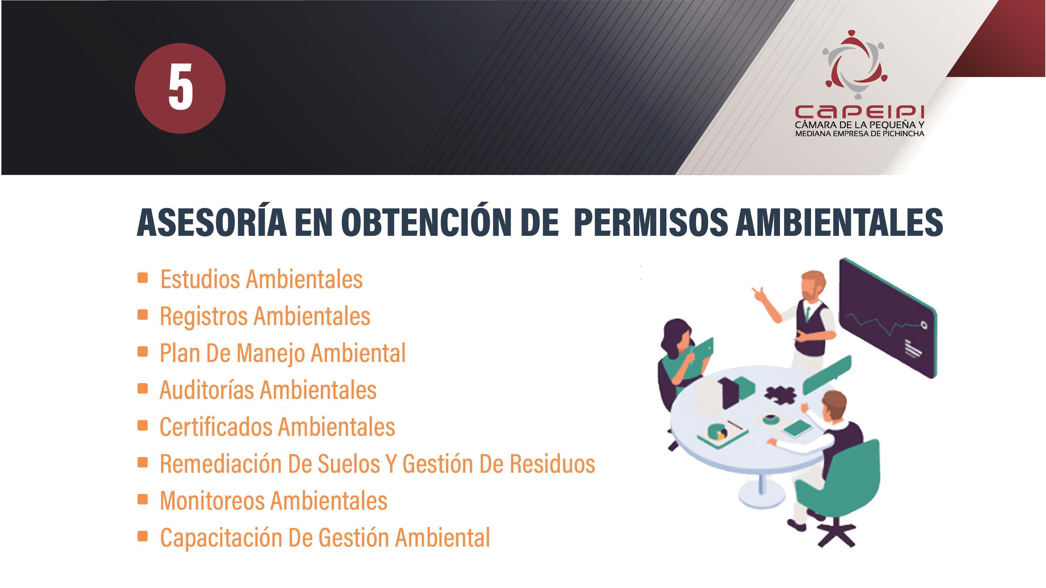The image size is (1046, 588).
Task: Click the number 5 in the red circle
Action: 180,88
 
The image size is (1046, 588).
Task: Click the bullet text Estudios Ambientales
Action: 261,279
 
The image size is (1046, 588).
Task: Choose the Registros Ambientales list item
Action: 265,316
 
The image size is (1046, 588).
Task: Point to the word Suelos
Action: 349,463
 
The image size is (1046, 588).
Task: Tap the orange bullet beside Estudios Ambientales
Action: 143,278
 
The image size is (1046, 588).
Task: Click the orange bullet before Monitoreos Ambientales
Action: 143,500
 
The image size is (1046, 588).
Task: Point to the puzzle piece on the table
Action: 780,394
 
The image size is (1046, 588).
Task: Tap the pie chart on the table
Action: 718,431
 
